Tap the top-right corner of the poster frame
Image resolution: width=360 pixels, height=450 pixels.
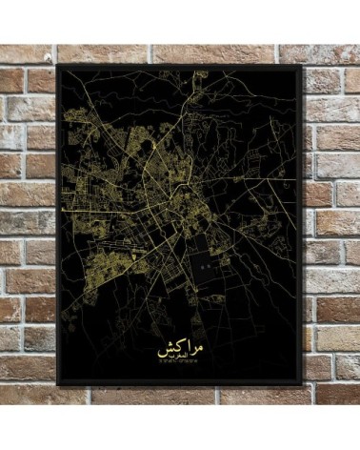302,67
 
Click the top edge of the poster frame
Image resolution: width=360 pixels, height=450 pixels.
181,67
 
